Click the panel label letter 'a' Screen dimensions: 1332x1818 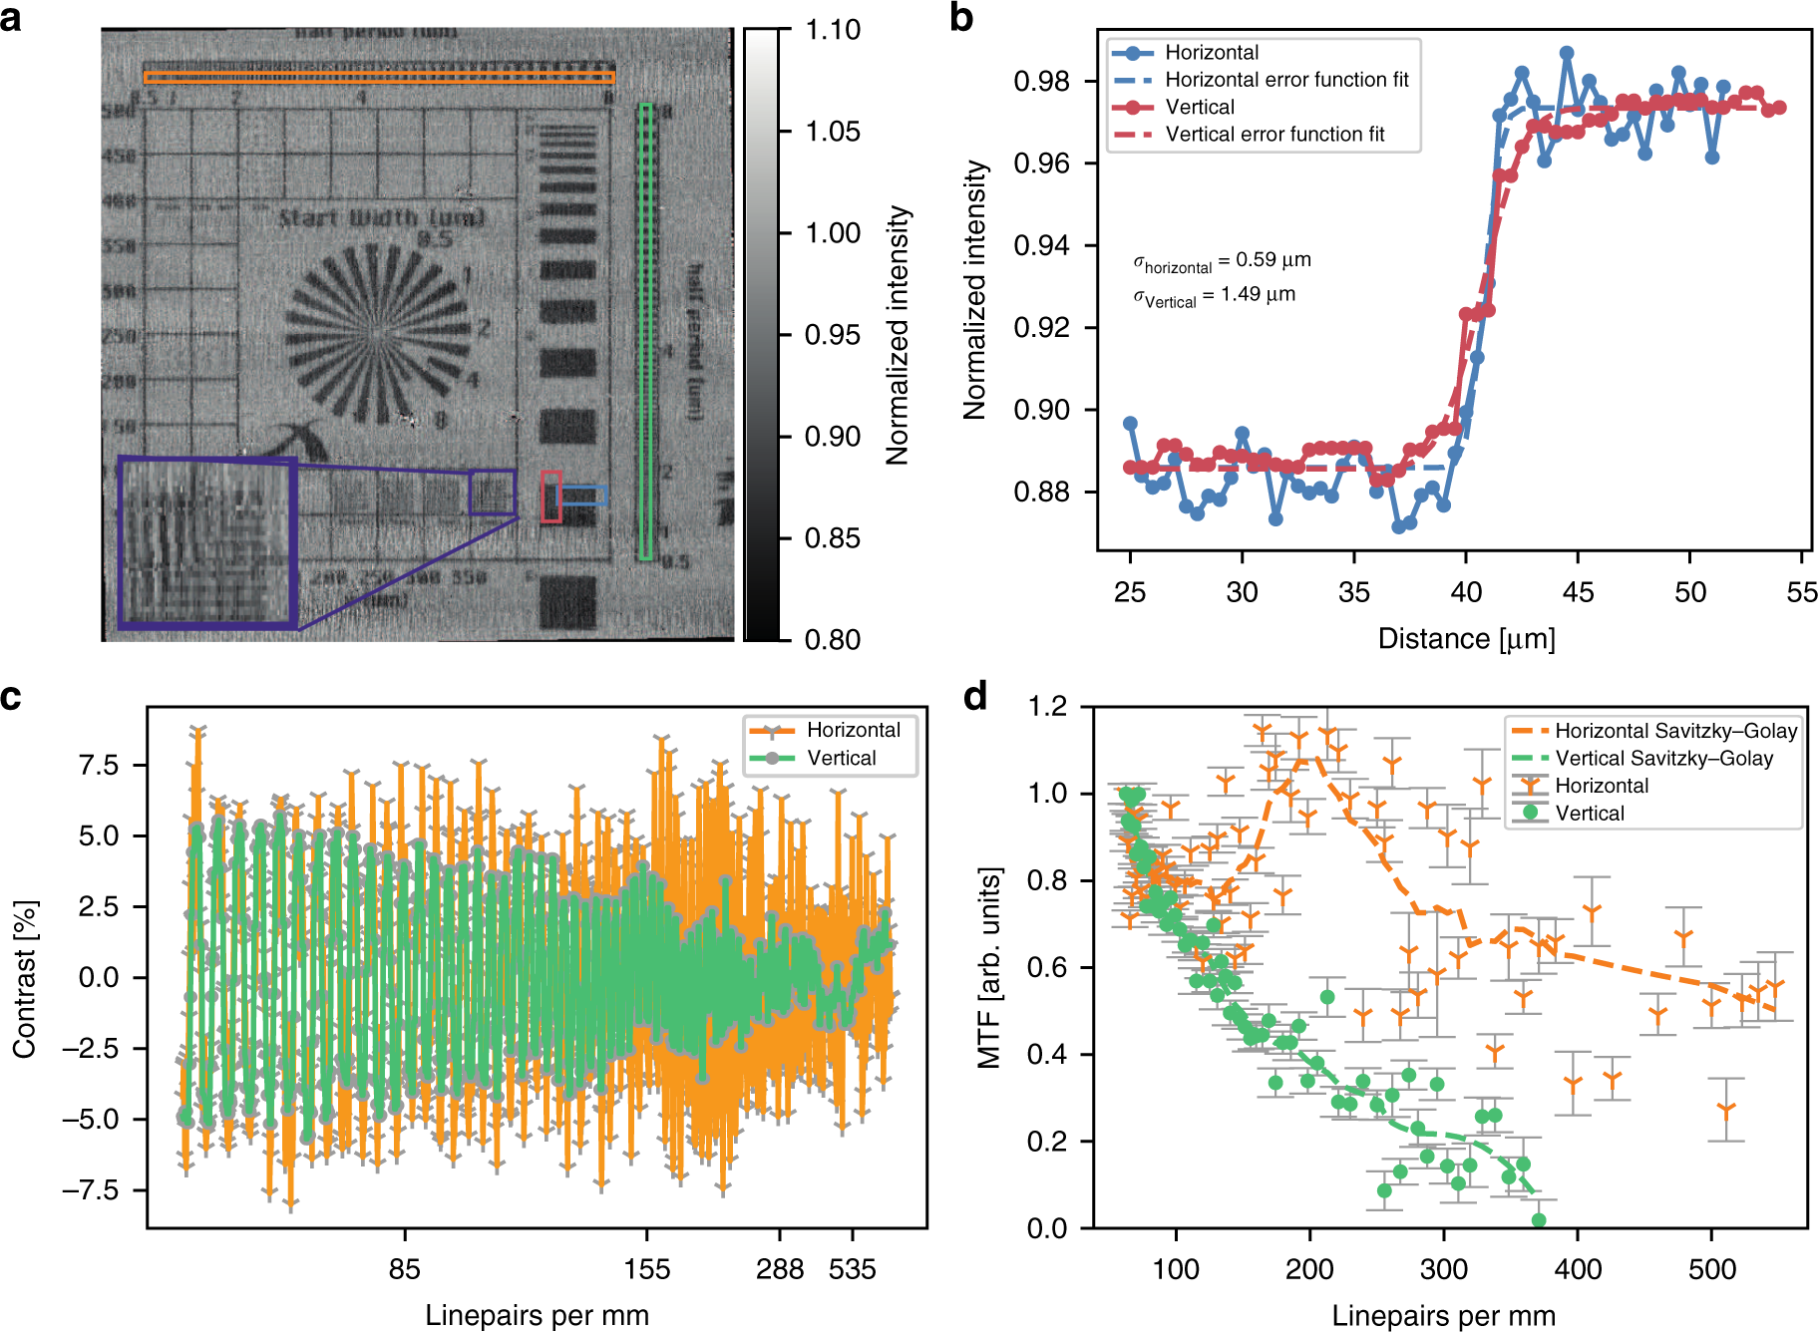(11, 18)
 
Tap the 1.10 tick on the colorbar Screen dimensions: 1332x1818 (832, 30)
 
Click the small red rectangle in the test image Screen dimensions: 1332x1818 (550, 497)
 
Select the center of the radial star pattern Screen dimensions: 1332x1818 (377, 334)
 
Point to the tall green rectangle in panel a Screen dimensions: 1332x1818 (646, 331)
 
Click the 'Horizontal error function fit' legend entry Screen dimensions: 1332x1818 (1286, 80)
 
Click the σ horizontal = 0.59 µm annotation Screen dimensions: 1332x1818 (1222, 261)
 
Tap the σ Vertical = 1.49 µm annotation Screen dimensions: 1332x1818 (1214, 296)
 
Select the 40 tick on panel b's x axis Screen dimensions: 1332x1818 (1465, 592)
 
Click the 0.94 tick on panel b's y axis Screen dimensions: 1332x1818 (1041, 245)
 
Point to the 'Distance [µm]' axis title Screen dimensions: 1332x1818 (1466, 639)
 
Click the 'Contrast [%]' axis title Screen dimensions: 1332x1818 (24, 978)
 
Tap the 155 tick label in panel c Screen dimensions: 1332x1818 (647, 1269)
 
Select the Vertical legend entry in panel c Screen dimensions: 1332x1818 (841, 758)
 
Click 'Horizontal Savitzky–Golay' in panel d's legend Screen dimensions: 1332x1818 (1675, 731)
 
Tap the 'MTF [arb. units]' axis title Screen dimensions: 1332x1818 (988, 968)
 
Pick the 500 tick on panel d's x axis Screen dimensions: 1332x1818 (1711, 1269)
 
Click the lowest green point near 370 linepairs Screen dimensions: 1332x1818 (1539, 1220)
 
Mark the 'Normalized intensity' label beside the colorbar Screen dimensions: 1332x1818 (898, 335)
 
